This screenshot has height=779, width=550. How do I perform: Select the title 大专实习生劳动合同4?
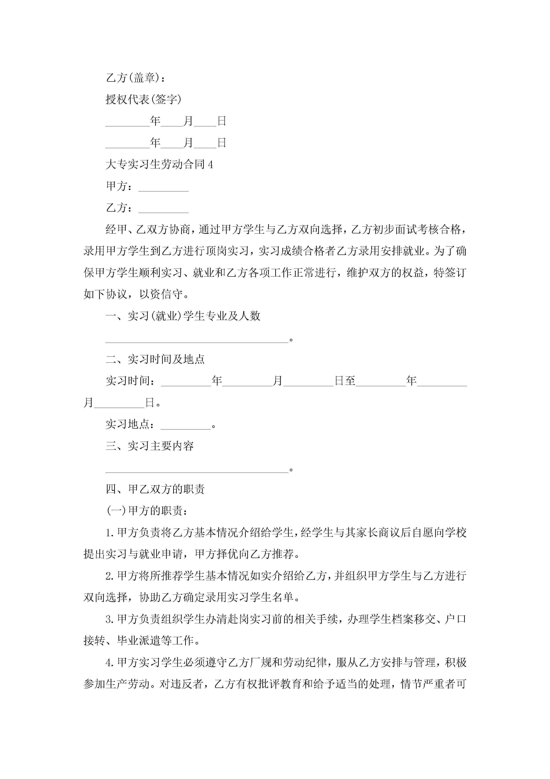point(159,165)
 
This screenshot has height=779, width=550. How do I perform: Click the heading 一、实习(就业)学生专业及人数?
point(183,316)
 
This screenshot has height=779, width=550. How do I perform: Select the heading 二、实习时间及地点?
point(155,359)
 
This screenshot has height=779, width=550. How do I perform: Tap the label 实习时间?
point(130,381)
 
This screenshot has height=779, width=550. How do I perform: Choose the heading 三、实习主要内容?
point(150,446)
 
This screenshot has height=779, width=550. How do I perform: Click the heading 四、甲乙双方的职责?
point(155,489)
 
